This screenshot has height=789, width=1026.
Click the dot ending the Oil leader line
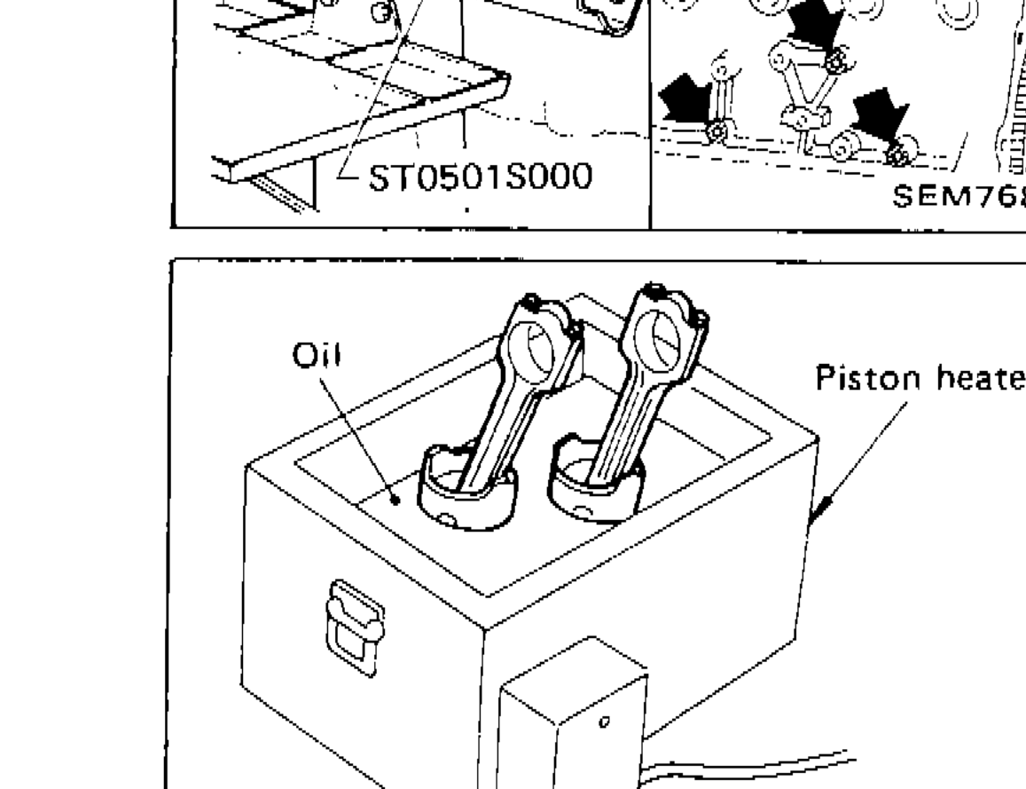pos(397,500)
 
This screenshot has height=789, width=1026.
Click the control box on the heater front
pos(573,728)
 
